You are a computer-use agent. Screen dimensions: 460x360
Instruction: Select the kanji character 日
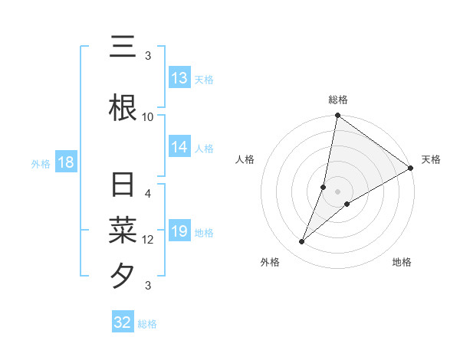pos(123,185)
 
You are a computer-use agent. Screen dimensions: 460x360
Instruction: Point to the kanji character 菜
pos(123,229)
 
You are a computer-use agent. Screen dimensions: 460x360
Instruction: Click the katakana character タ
pos(123,274)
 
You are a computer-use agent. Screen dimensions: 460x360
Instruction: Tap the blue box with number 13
pos(179,78)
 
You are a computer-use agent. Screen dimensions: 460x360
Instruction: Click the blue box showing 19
pos(179,231)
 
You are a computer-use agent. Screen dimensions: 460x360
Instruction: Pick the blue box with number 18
pos(65,162)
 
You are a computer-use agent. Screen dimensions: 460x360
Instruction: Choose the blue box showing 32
pos(123,322)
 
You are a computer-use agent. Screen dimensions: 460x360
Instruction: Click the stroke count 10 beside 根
pos(148,116)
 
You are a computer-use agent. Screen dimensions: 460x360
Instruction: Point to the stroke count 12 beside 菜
pos(148,240)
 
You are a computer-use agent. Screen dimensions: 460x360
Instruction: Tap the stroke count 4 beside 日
pos(148,194)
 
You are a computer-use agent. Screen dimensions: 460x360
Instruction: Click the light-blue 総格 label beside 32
pos(147,323)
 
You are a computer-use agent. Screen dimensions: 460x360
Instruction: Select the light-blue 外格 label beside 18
pos(41,163)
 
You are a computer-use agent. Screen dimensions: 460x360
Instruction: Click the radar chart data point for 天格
pos(411,169)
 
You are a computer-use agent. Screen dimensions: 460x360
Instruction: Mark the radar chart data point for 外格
pos(302,242)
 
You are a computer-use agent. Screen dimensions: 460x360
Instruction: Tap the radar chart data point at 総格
pos(337,116)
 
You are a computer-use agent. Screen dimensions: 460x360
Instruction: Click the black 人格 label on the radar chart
pos(245,159)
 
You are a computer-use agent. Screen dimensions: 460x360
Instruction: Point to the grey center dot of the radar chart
pos(337,191)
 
